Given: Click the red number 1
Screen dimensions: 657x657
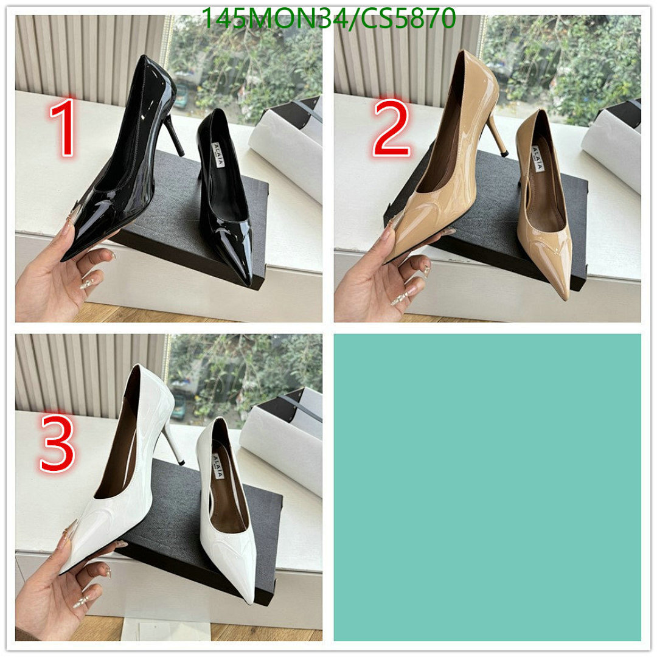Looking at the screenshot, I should (64, 128).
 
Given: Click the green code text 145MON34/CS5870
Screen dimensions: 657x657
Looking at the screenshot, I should (328, 18).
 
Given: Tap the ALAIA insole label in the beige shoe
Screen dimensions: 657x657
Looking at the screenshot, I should (536, 155).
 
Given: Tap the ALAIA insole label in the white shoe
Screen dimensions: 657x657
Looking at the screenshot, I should (217, 464).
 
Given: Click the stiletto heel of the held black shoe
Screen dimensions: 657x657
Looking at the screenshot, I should (174, 134).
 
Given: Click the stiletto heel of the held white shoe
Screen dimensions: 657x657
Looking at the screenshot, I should (173, 444).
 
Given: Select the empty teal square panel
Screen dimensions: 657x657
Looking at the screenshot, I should (487, 487).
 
